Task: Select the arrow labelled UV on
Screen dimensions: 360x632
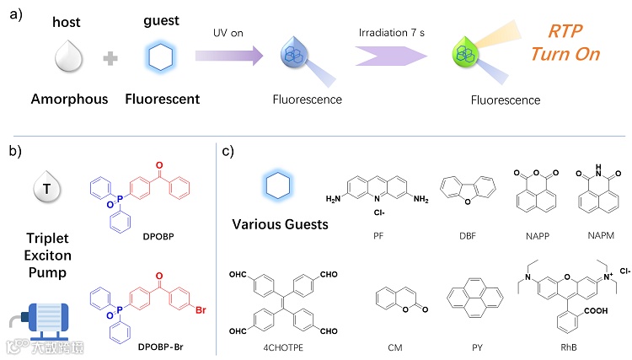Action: tap(227, 56)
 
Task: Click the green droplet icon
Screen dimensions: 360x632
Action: tap(463, 55)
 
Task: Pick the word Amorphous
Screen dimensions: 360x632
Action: tap(70, 99)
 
